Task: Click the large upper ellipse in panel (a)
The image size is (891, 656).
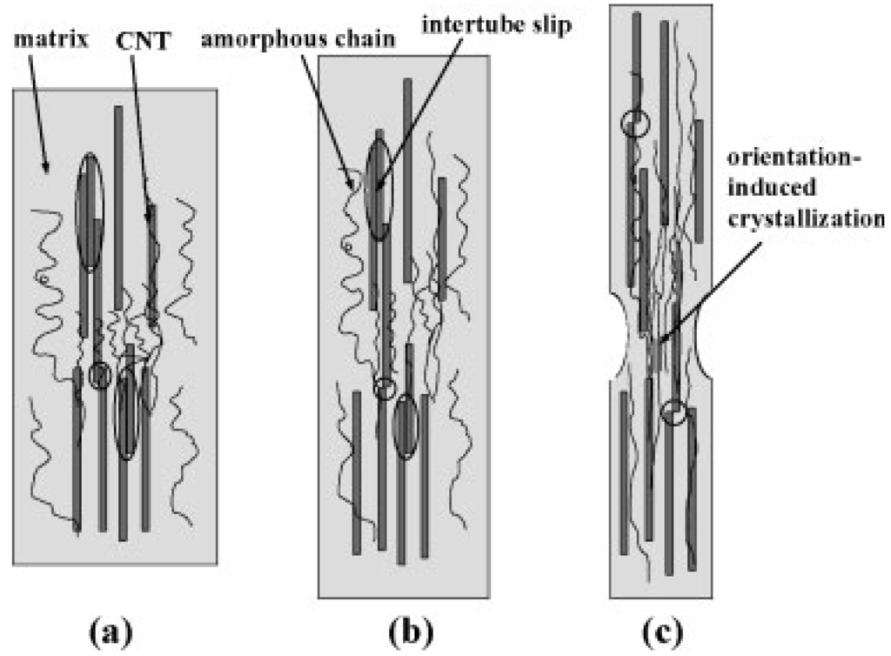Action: tap(89, 213)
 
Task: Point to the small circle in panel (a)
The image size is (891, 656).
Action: tap(101, 376)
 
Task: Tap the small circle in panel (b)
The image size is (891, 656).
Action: tap(384, 388)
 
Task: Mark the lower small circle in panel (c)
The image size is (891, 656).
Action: tap(673, 412)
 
